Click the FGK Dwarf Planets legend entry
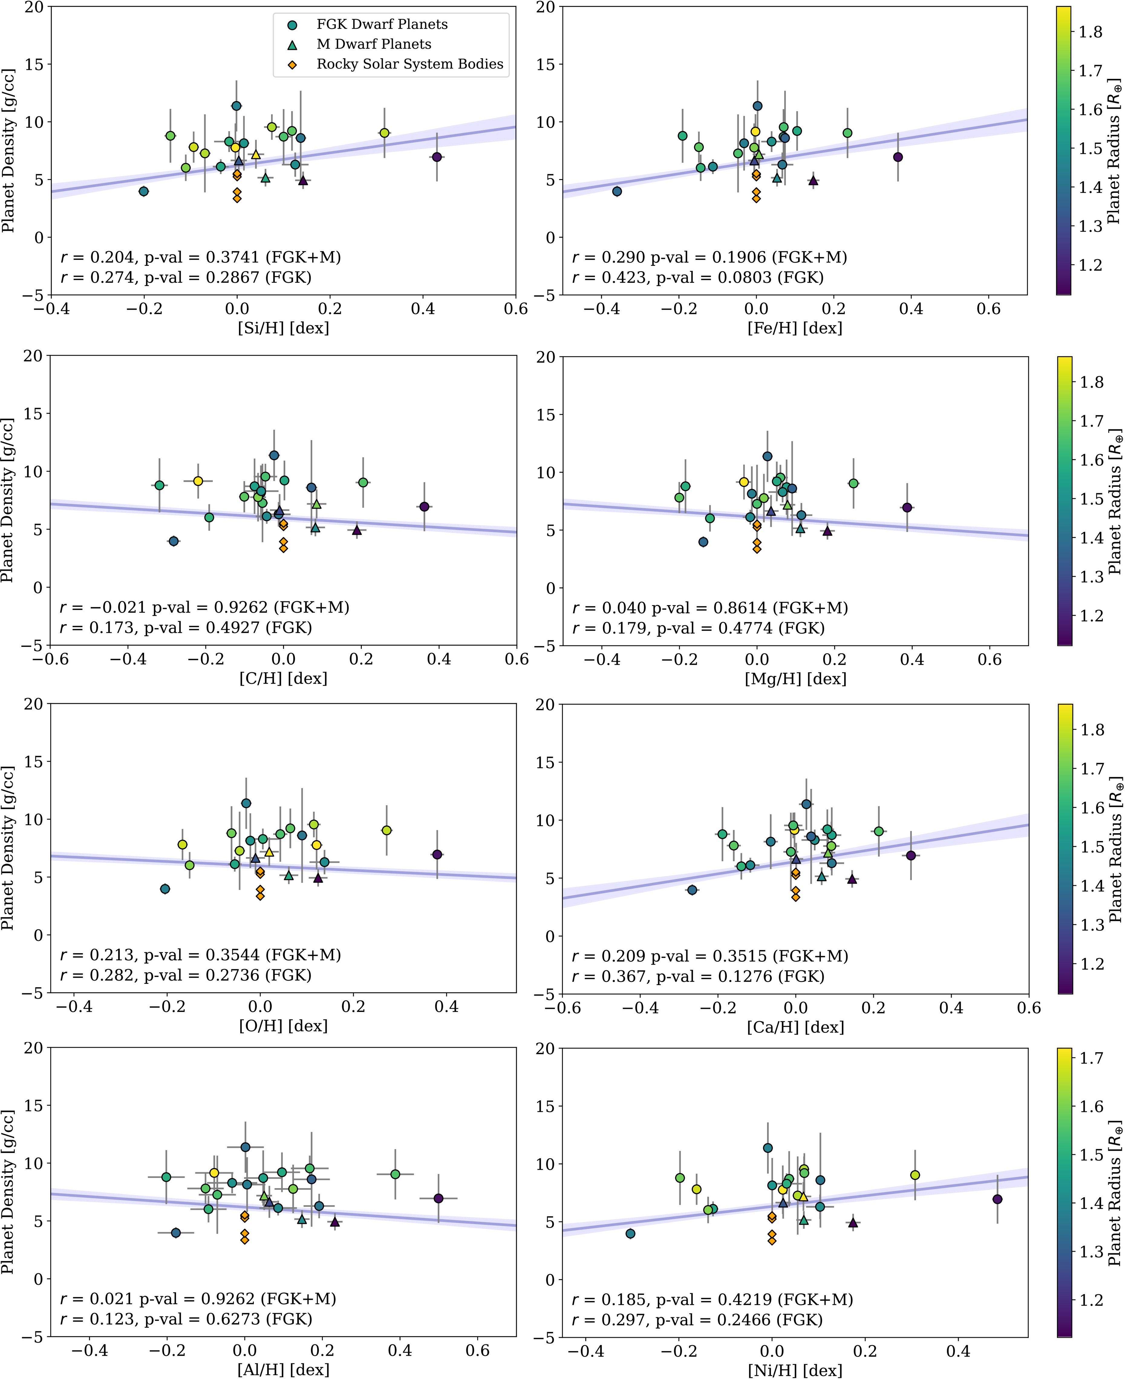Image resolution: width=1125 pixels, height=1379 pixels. point(382,24)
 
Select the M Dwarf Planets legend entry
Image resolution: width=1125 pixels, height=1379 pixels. point(373,44)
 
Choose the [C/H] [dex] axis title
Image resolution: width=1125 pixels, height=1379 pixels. point(283,679)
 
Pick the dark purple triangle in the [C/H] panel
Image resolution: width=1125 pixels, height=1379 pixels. point(357,530)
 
